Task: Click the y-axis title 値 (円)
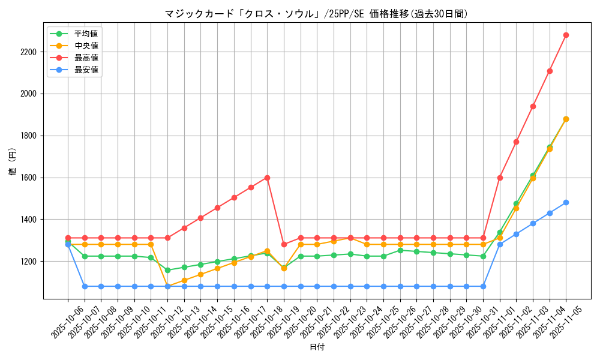(12, 162)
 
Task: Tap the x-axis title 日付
(317, 347)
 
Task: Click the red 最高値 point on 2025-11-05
(566, 35)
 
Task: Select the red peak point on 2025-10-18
(267, 178)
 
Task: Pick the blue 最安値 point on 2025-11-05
(566, 202)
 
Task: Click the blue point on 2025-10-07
(85, 286)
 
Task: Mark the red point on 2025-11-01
(500, 178)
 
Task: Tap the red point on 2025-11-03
(533, 106)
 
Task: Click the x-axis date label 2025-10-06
(60, 320)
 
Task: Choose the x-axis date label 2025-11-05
(558, 320)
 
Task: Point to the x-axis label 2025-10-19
(276, 320)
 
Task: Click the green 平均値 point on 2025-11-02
(516, 203)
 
